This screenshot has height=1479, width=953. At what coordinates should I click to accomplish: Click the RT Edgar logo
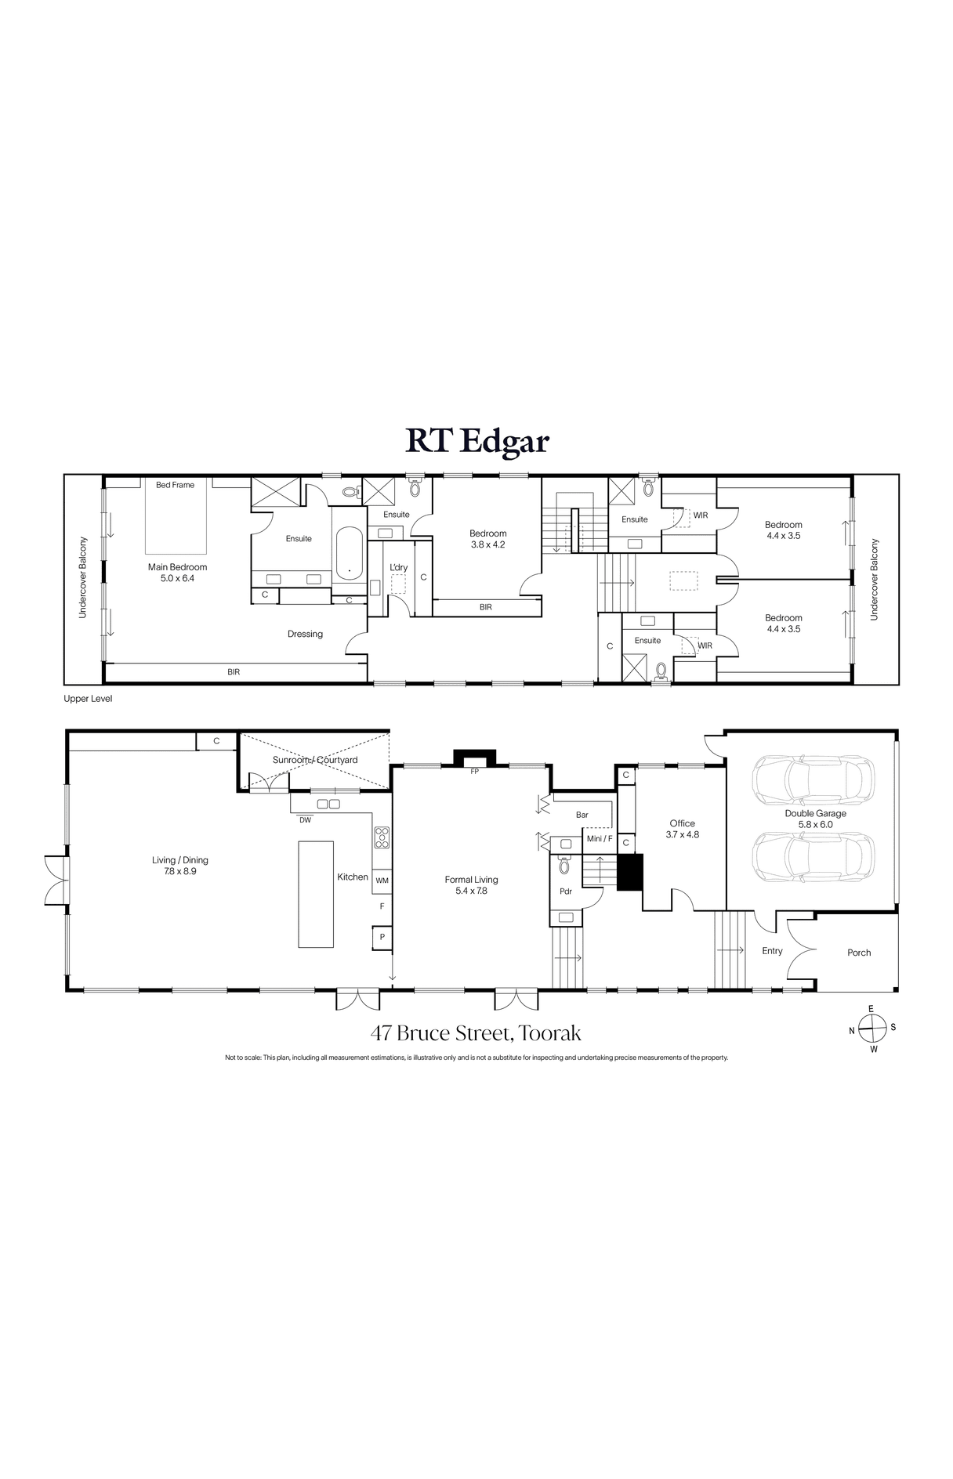[x=476, y=441]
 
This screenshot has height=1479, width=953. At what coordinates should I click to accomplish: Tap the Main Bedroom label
[x=178, y=567]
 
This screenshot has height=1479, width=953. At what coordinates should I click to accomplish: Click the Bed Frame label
[x=175, y=485]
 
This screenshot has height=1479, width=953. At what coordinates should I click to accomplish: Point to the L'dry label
[x=399, y=567]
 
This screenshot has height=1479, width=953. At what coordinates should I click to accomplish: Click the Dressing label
[x=305, y=634]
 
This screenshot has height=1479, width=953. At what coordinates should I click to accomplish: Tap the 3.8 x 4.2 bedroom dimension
[x=487, y=544]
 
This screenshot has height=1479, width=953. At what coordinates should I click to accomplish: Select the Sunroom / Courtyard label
[x=315, y=760]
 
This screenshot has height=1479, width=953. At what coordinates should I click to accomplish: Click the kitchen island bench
[x=316, y=894]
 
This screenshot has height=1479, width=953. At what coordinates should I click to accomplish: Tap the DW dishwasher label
[x=305, y=820]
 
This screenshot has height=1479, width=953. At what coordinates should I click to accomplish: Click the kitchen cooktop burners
[x=382, y=838]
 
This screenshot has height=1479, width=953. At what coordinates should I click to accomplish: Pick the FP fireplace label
[x=474, y=772]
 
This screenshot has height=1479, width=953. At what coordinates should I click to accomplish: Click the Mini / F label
[x=600, y=839]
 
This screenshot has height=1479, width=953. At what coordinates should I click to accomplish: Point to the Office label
[x=682, y=823]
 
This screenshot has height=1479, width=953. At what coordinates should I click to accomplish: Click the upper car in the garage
[x=812, y=779]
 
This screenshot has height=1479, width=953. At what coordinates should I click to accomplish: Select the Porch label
[x=859, y=953]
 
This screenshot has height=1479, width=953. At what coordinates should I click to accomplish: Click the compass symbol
[x=871, y=1029]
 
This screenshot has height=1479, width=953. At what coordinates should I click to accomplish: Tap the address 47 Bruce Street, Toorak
[x=476, y=1033]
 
